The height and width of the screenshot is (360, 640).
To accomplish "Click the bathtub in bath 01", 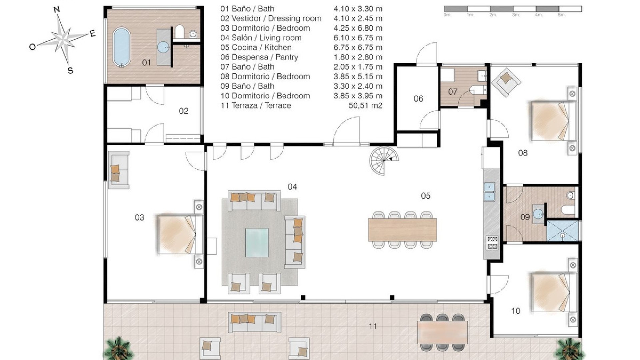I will pos(121,47).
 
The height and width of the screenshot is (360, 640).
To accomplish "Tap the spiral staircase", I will pos(384,160).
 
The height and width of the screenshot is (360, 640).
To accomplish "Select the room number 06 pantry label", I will pos(418,99).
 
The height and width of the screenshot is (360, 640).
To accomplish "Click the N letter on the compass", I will pos(57,10).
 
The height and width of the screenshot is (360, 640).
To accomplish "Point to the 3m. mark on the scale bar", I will pos(516,15).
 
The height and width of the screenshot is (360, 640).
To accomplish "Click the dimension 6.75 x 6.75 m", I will pos(358,47).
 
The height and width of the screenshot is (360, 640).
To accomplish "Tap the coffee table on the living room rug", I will pos(257,242).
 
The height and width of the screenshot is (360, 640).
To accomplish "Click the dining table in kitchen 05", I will pos(402,229).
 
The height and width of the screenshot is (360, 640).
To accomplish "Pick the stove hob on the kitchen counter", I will pos(492,243).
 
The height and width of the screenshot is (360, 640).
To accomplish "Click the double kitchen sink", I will pos(489,192).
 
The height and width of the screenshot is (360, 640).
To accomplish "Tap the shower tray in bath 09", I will pos(562,230).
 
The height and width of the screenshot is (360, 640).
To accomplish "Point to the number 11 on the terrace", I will pos(373,326).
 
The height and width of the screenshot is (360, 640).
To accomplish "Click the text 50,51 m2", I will pos(365,105).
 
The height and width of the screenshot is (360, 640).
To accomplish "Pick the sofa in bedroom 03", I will pos(118,170).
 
